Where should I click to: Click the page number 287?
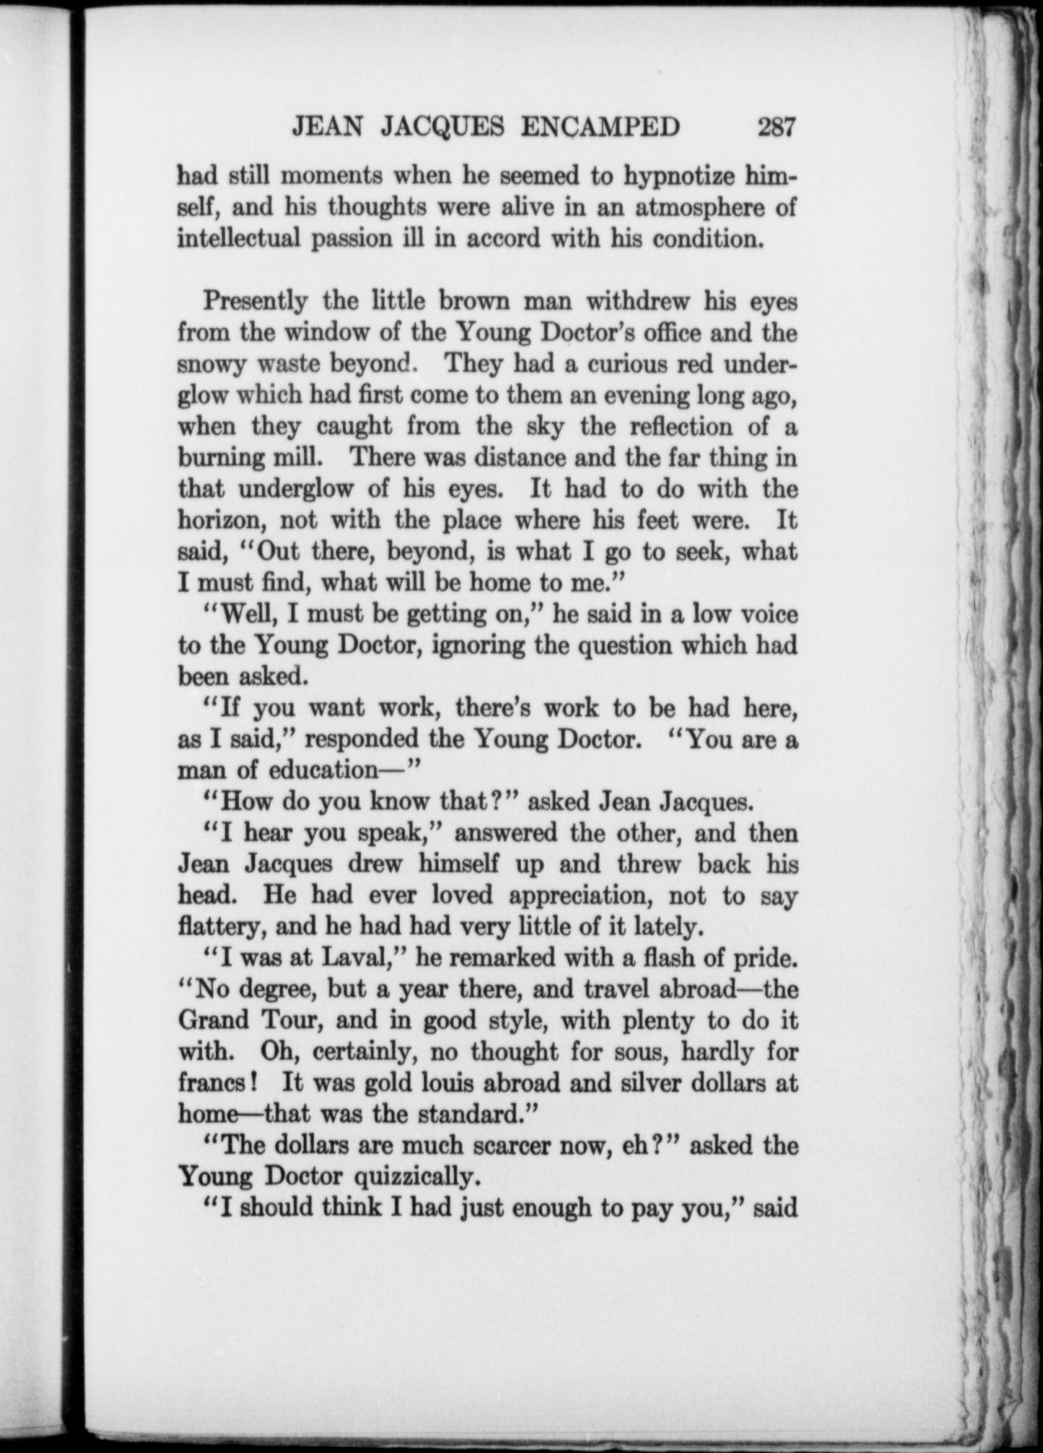[776, 127]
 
